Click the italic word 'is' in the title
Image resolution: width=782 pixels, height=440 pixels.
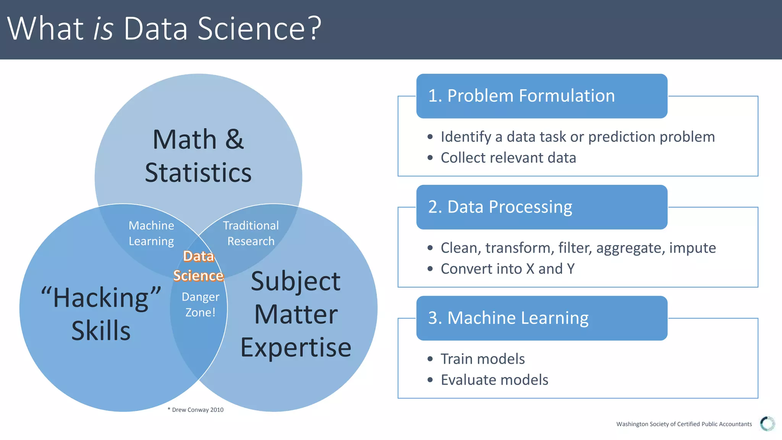point(103,29)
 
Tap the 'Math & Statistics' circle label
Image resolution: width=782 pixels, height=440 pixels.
point(198,156)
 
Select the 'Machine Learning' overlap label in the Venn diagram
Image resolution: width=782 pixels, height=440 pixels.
point(151,233)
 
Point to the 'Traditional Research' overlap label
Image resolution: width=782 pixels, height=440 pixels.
point(251,233)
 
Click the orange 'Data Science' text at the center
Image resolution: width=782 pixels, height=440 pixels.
point(198,266)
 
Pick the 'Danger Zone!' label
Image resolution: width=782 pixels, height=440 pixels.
point(200,304)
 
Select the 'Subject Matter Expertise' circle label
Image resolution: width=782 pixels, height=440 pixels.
point(296,314)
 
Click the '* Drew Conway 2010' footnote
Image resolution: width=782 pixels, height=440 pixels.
point(195,410)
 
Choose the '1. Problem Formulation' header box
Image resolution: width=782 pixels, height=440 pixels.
point(541,96)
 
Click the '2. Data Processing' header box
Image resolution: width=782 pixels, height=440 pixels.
point(541,207)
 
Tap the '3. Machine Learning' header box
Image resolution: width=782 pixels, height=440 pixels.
point(541,318)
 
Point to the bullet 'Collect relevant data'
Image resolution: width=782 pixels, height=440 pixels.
point(508,158)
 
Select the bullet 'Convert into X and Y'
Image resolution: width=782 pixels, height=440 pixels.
point(507,269)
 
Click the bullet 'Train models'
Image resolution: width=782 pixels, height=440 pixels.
point(482,359)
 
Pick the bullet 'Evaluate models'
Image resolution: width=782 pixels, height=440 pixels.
point(494,380)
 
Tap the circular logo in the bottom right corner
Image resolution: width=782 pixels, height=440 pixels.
point(767,424)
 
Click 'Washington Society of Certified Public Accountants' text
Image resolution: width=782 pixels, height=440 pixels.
point(684,424)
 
